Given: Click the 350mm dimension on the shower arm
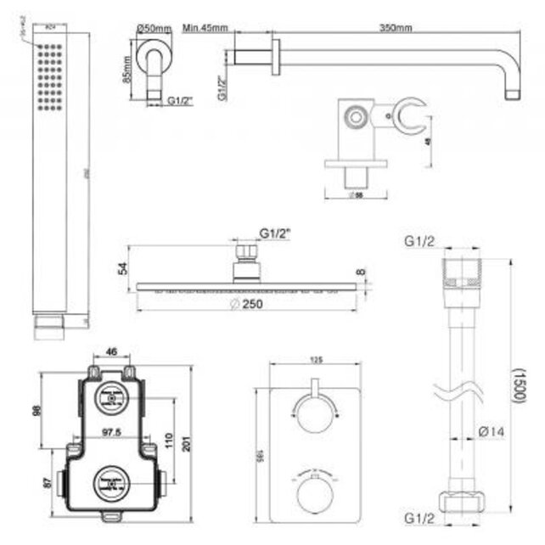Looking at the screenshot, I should pos(396,27).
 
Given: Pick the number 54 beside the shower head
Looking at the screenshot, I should pos(122,268).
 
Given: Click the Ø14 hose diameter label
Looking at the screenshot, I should pos(491,430).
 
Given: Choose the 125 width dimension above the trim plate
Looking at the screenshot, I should pos(316,360).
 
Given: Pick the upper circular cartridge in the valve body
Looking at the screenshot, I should pos(112,396).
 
